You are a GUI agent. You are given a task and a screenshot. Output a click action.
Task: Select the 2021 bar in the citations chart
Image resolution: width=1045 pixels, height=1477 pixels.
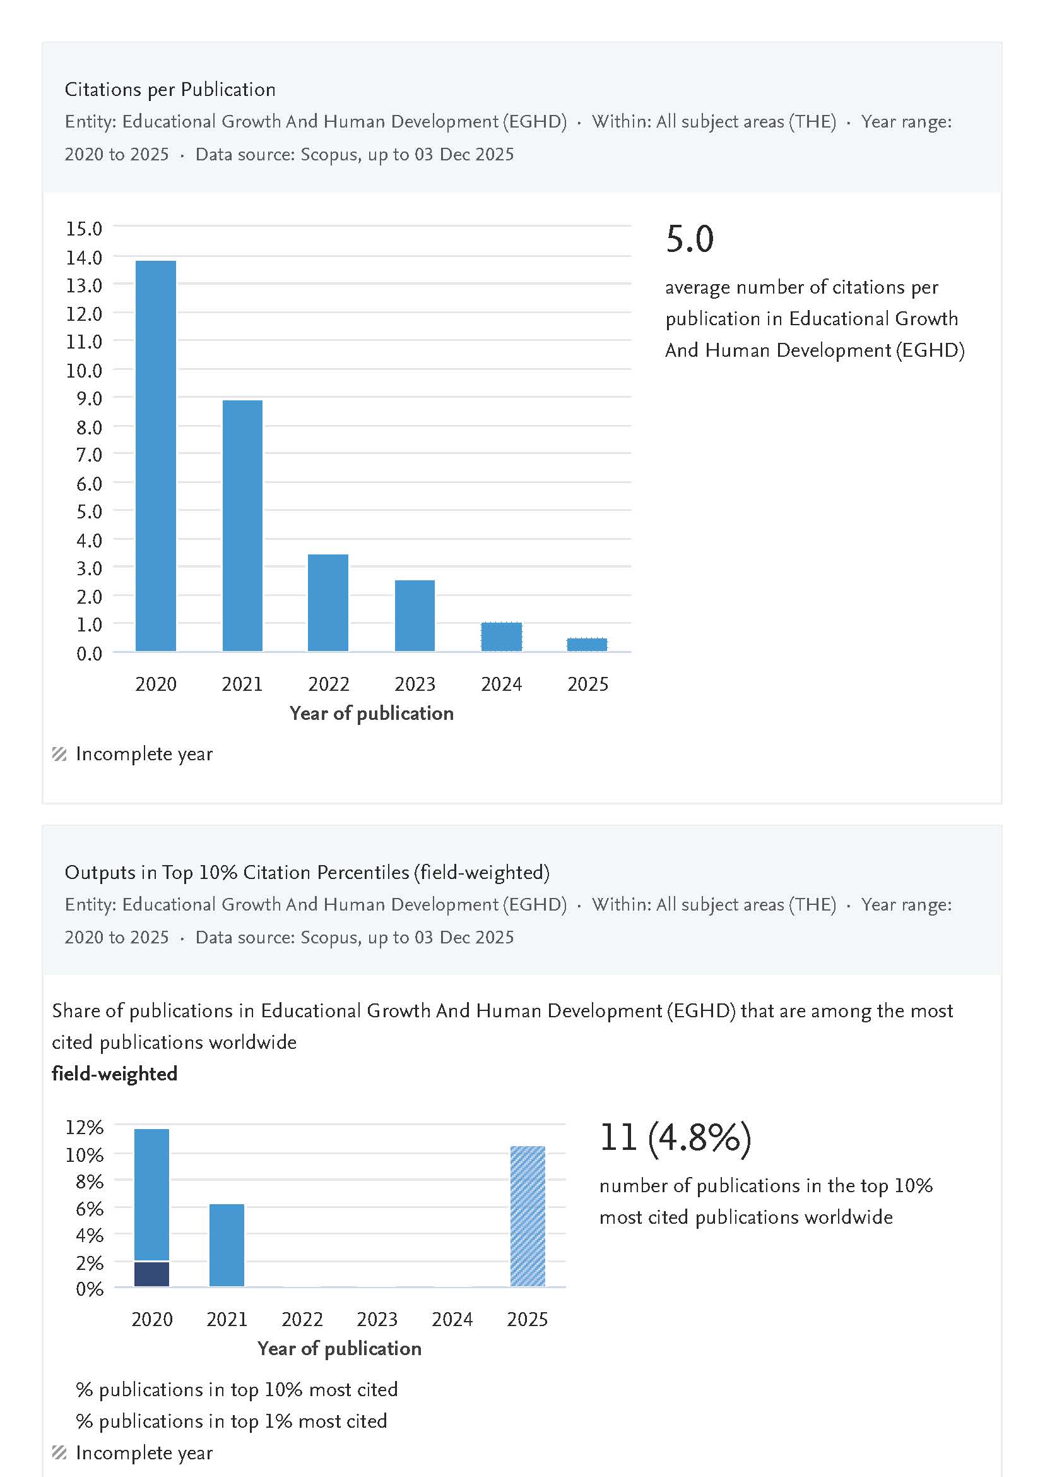tap(242, 525)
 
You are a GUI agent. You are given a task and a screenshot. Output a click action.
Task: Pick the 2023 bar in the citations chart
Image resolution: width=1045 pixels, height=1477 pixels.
tap(415, 616)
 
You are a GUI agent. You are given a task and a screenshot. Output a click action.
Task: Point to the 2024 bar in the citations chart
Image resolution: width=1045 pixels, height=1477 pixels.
tap(501, 636)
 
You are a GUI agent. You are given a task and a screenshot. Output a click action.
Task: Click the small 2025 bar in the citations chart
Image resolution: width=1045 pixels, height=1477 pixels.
tap(587, 644)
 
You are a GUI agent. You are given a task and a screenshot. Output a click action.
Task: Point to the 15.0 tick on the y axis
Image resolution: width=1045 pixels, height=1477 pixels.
tap(85, 229)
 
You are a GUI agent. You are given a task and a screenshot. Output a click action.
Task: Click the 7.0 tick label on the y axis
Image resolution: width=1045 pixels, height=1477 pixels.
tap(89, 455)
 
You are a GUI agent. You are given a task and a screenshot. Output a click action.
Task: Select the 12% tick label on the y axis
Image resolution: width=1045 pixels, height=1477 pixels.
tap(85, 1127)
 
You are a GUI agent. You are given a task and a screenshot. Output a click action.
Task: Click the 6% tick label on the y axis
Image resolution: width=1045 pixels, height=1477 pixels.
tap(90, 1209)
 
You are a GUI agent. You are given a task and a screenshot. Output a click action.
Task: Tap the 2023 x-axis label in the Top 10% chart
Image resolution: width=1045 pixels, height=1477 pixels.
tap(377, 1319)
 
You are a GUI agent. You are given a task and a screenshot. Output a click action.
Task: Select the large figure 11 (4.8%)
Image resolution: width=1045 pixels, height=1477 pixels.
tap(676, 1137)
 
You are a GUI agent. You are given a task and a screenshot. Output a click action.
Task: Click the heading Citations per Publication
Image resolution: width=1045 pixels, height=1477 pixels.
tap(170, 90)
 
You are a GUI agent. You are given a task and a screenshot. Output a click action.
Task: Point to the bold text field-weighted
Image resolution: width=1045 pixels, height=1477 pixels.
tap(115, 1074)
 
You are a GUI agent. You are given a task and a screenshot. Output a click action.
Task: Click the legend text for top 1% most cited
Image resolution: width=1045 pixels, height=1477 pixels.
tap(232, 1421)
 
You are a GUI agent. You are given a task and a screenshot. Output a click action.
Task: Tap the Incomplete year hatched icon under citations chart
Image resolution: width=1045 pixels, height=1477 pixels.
tap(59, 754)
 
